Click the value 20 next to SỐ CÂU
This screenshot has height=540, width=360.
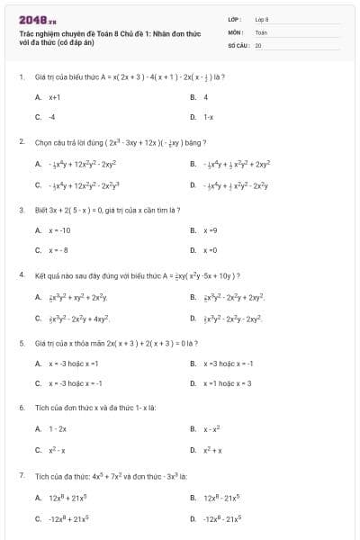coord(258,44)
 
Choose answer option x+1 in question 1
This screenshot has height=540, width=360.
coord(54,96)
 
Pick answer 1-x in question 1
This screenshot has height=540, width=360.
coord(208,117)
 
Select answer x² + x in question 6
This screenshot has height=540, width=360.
coord(213,450)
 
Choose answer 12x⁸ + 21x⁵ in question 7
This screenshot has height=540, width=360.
coord(68,497)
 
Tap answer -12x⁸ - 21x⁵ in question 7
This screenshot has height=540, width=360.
coord(222,518)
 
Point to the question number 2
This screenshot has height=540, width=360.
coord(21,142)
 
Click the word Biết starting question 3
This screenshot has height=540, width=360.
coord(41,210)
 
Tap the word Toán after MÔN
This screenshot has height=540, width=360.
coord(262,31)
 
